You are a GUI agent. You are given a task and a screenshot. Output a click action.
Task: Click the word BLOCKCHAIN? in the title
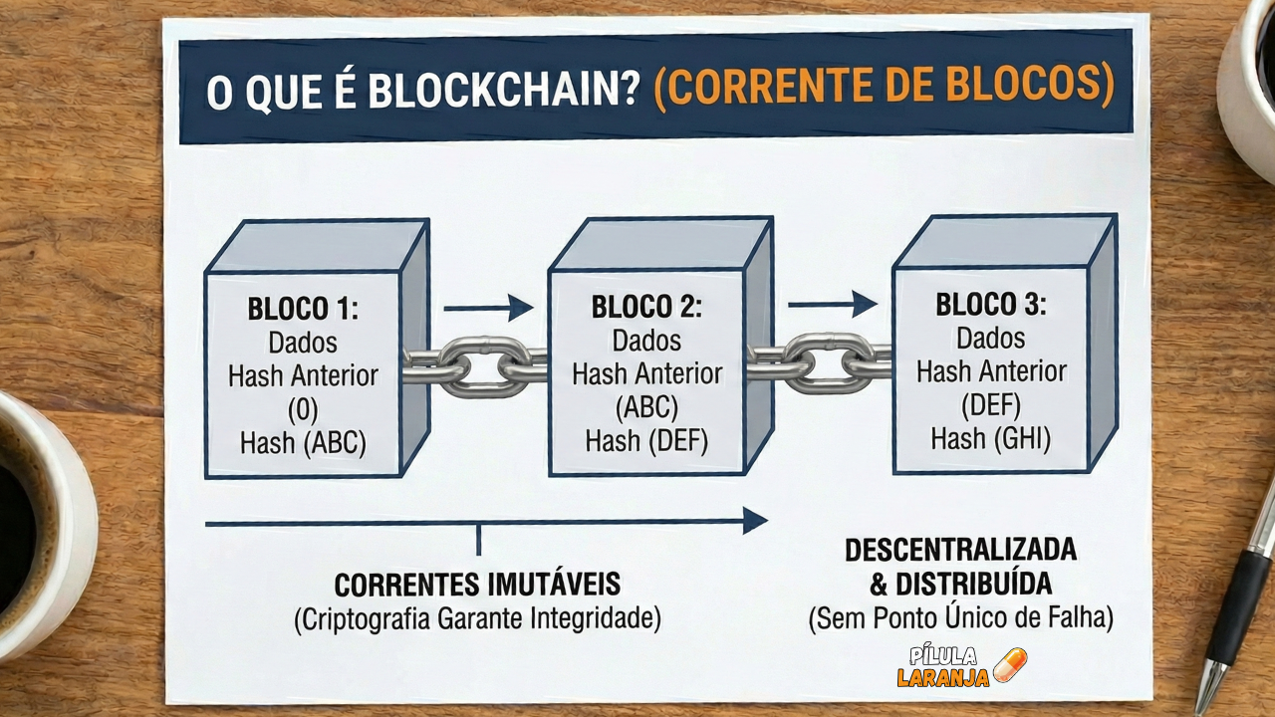point(504,90)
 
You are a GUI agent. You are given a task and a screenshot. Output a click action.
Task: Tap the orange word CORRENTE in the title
point(762,88)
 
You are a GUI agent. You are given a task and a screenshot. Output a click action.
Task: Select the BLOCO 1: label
point(303,310)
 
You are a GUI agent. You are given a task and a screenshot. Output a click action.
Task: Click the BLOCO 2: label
point(646,307)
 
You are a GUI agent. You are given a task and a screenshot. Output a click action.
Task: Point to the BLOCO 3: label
point(991,304)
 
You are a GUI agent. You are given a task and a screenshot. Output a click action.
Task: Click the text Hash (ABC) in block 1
point(303,443)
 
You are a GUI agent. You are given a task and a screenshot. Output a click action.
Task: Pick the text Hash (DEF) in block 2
point(646,440)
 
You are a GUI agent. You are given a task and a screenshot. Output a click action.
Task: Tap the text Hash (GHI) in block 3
point(991,437)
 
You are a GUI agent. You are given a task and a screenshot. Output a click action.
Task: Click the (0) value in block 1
point(303,409)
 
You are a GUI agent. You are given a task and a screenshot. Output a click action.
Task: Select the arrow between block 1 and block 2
point(488,308)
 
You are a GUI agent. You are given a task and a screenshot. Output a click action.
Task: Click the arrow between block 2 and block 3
point(832,304)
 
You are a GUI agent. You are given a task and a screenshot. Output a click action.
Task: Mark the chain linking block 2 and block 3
point(819,362)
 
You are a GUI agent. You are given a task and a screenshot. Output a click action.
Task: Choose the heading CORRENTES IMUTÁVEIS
point(477,584)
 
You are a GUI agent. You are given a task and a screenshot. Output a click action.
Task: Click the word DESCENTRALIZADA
point(960,550)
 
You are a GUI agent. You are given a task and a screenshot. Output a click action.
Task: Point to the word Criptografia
point(363,618)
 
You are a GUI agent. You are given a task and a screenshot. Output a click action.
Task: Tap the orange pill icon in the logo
point(1009,664)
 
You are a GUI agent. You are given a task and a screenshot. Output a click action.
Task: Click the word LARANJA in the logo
point(942,678)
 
